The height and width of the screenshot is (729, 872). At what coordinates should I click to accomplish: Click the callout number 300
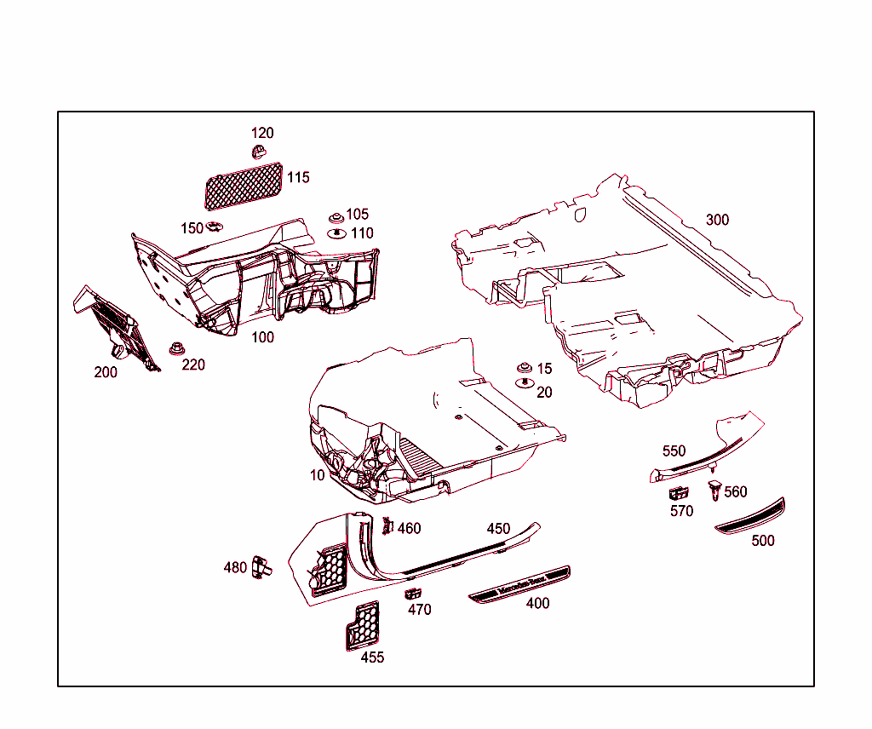pyautogui.click(x=717, y=221)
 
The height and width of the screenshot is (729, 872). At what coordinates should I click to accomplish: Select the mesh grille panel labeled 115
pyautogui.click(x=244, y=187)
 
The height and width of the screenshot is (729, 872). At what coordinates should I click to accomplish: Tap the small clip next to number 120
pyautogui.click(x=259, y=152)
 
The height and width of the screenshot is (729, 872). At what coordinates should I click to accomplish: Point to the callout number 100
pyautogui.click(x=262, y=337)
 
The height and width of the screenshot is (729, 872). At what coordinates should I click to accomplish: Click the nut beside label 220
pyautogui.click(x=177, y=349)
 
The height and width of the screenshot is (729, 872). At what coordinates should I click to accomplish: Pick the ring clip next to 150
pyautogui.click(x=215, y=227)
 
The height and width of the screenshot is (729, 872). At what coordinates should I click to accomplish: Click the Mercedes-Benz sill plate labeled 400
pyautogui.click(x=520, y=585)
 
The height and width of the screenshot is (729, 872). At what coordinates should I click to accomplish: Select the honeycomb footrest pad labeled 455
pyautogui.click(x=363, y=626)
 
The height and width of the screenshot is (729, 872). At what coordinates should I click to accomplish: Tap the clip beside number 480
pyautogui.click(x=261, y=566)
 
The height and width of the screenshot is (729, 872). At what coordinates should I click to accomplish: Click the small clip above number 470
pyautogui.click(x=413, y=594)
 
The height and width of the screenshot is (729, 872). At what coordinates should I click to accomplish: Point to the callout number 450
pyautogui.click(x=498, y=529)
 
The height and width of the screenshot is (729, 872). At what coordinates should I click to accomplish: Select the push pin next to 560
pyautogui.click(x=714, y=490)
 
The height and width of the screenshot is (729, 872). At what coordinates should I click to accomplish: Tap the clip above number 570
pyautogui.click(x=679, y=493)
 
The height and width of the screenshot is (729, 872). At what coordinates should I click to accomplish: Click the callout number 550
pyautogui.click(x=674, y=451)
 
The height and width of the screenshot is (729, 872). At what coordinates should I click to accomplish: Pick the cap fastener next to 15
pyautogui.click(x=525, y=368)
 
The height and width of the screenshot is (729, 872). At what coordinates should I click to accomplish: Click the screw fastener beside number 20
pyautogui.click(x=525, y=383)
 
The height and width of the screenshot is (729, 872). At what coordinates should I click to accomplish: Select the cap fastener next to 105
pyautogui.click(x=336, y=217)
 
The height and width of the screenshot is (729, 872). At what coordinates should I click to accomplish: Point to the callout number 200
pyautogui.click(x=106, y=372)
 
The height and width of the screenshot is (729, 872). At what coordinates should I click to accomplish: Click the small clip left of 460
pyautogui.click(x=387, y=525)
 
